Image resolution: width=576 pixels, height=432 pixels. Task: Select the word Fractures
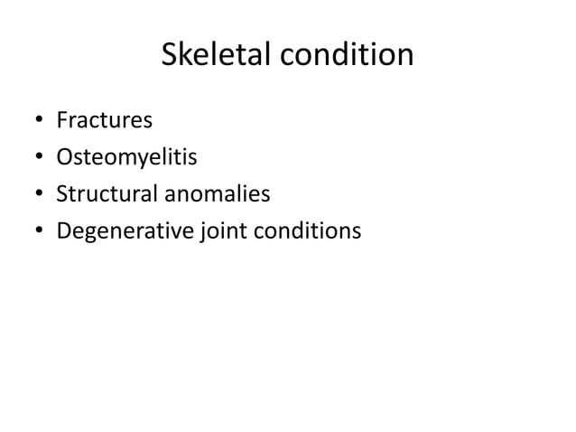(x=104, y=119)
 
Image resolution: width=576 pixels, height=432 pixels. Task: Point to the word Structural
(x=106, y=194)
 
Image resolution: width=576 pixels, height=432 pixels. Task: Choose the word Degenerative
(x=123, y=232)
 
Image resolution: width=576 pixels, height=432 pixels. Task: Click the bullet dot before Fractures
(x=40, y=121)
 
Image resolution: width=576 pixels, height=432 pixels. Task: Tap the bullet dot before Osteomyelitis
(x=40, y=158)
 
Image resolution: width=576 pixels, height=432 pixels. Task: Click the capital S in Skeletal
(x=169, y=56)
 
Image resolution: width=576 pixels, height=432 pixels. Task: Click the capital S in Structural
(x=62, y=194)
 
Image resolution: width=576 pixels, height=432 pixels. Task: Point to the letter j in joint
(x=200, y=233)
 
